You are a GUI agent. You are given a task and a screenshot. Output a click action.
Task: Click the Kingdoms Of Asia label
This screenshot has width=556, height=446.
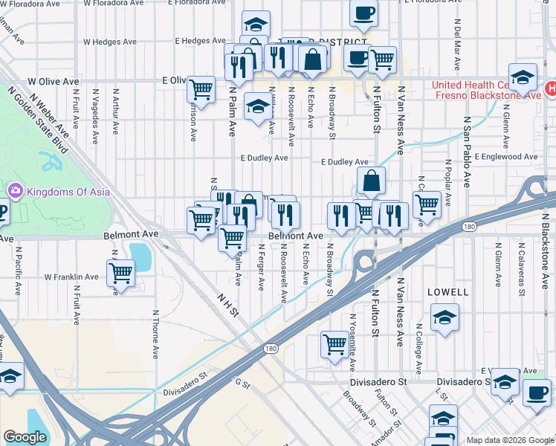click(x=68, y=192)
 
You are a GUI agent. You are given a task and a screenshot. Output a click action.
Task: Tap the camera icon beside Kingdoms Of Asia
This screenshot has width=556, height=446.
click(x=15, y=192)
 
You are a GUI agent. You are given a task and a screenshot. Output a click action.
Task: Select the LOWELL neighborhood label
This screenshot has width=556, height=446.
click(x=448, y=292)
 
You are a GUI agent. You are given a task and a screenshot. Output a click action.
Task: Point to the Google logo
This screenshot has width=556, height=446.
click(x=25, y=436)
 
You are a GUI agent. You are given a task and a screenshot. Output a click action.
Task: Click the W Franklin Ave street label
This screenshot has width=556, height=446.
click(x=71, y=277)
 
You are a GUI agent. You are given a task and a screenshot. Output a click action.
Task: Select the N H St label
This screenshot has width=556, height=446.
click(x=227, y=305)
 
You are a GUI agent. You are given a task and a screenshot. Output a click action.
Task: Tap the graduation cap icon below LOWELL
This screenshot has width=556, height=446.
click(x=445, y=317)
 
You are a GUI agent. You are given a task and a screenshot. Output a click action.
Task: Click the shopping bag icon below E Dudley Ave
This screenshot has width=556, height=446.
click(x=371, y=181)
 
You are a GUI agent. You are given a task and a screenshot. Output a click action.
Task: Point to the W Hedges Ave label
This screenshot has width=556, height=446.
click(x=109, y=42)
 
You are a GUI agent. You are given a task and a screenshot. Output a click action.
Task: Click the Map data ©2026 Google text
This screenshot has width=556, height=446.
click(x=509, y=440)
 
